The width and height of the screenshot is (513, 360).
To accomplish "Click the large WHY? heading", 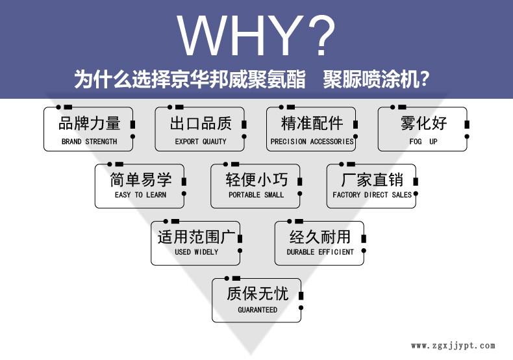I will pos(257,35).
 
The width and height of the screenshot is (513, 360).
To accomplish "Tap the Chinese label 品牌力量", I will pos(89,123).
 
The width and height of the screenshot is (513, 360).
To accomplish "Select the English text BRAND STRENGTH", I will pos(89,142).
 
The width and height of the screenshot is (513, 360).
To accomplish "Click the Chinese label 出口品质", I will pos(201,123).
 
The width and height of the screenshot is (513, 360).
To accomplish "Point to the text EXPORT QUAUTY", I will pos(201,142).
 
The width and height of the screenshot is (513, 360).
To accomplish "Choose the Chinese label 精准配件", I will pos(312,123).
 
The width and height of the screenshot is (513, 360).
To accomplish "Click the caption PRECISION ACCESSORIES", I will pos(312,142).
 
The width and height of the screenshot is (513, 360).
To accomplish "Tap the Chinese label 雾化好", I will pos(423,123).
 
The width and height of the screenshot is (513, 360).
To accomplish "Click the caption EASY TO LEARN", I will pos(140,195).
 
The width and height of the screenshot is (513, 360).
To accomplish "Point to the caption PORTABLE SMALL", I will pos(256,195).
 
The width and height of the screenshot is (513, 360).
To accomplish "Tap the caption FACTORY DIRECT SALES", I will pos(372,195).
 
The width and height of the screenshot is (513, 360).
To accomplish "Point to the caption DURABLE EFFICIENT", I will pos(320,252).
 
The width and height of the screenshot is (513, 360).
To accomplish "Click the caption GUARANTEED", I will pos(257,310).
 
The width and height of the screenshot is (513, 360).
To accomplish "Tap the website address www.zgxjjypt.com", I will pos(453,346).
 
